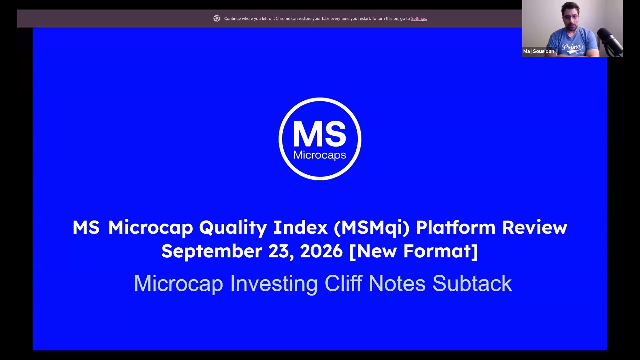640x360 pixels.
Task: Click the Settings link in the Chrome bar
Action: pyautogui.click(x=419, y=19)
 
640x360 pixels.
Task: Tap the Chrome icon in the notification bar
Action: pyautogui.click(x=217, y=19)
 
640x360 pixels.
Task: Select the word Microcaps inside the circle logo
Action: pyautogui.click(x=320, y=155)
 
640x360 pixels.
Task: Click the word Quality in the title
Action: pyautogui.click(x=233, y=228)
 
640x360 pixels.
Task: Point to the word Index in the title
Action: pyautogui.click(x=300, y=227)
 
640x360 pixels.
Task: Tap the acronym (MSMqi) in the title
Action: pyautogui.click(x=371, y=228)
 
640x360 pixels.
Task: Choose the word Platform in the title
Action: pyautogui.click(x=456, y=227)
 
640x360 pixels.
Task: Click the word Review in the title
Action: pyautogui.click(x=535, y=227)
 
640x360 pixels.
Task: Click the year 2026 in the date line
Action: pyautogui.click(x=321, y=251)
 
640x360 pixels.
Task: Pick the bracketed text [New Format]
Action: pyautogui.click(x=414, y=251)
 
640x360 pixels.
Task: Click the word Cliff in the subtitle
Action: pyautogui.click(x=343, y=283)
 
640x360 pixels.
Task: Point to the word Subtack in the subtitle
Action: pyautogui.click(x=472, y=283)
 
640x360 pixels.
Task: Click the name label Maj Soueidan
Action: pyautogui.click(x=539, y=51)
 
